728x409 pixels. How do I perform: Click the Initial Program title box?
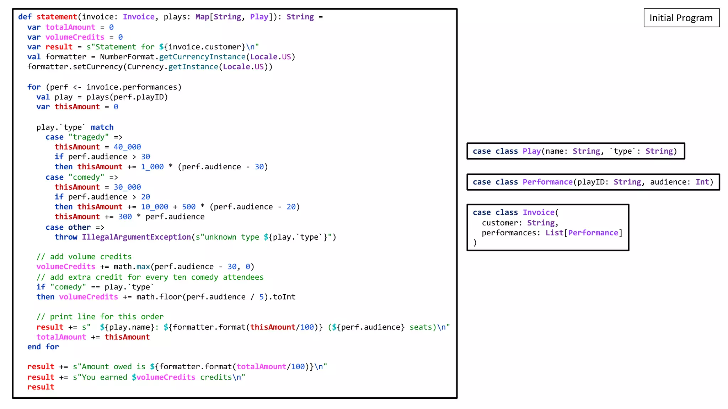pyautogui.click(x=681, y=18)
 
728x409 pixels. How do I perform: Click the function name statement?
pyautogui.click(x=57, y=17)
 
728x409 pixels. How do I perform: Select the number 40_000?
pyautogui.click(x=127, y=147)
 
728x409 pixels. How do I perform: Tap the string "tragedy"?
pyautogui.click(x=89, y=137)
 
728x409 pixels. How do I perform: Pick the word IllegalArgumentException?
pyautogui.click(x=136, y=237)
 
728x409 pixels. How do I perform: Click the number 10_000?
pyautogui.click(x=154, y=207)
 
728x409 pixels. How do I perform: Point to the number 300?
pyautogui.click(x=125, y=217)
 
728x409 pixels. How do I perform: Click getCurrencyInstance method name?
pyautogui.click(x=202, y=57)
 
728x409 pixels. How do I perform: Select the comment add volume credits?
pyautogui.click(x=84, y=256)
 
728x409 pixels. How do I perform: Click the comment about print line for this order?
pyautogui.click(x=100, y=316)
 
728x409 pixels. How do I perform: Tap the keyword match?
pyautogui.click(x=102, y=127)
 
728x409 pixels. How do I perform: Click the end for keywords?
pyautogui.click(x=43, y=347)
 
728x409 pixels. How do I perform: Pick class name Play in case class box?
pyautogui.click(x=531, y=151)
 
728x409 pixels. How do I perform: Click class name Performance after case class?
pyautogui.click(x=547, y=182)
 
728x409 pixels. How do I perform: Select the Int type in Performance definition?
pyautogui.click(x=702, y=182)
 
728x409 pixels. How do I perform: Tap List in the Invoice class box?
pyautogui.click(x=554, y=233)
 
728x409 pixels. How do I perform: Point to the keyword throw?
pyautogui.click(x=66, y=237)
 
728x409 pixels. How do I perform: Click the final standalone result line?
pyautogui.click(x=41, y=387)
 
